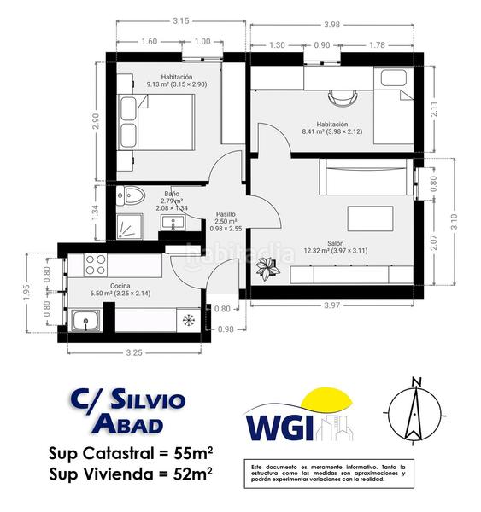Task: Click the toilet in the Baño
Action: (x=131, y=196)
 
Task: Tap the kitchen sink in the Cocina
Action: (x=86, y=322)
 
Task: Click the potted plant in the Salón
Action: (x=268, y=270)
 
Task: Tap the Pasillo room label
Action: (x=225, y=214)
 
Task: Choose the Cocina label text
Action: (x=120, y=285)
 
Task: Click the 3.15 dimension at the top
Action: (x=180, y=20)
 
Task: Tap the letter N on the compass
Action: (x=416, y=381)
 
